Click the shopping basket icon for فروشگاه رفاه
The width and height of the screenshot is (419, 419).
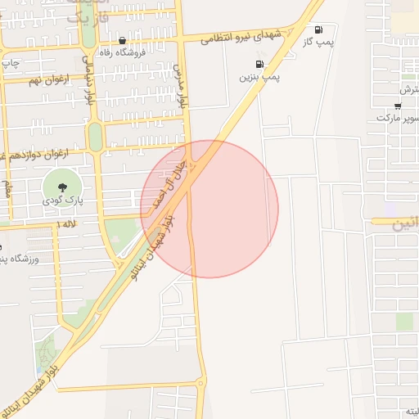point(122,40)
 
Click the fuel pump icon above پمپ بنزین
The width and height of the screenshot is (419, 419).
point(259,64)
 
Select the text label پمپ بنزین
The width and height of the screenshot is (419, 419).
point(259,77)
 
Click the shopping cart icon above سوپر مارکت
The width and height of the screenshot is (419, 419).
point(398,105)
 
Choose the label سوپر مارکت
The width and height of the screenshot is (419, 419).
point(398,118)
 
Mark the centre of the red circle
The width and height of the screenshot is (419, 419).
point(209,209)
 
